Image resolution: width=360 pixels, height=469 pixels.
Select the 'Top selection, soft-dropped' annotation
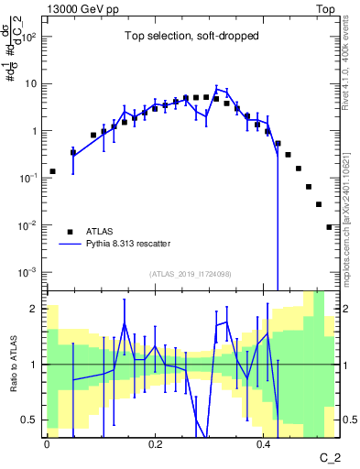pos(190,37)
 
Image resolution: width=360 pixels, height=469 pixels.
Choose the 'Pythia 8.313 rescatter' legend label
pos(137,245)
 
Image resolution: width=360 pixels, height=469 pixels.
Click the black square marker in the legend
pos(71,231)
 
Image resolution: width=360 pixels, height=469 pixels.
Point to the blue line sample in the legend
pos(71,245)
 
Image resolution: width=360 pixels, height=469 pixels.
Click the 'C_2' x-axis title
pos(329,455)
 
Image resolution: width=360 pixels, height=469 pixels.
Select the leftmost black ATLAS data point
pos(53,171)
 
